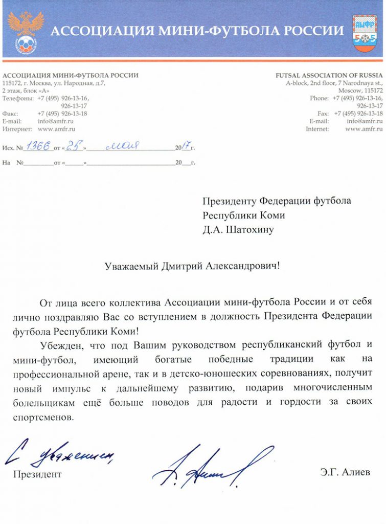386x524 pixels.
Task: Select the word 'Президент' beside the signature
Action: pos(37,474)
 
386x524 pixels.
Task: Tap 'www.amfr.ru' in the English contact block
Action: pos(364,129)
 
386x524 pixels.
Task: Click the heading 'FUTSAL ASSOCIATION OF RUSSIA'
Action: pos(329,75)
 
